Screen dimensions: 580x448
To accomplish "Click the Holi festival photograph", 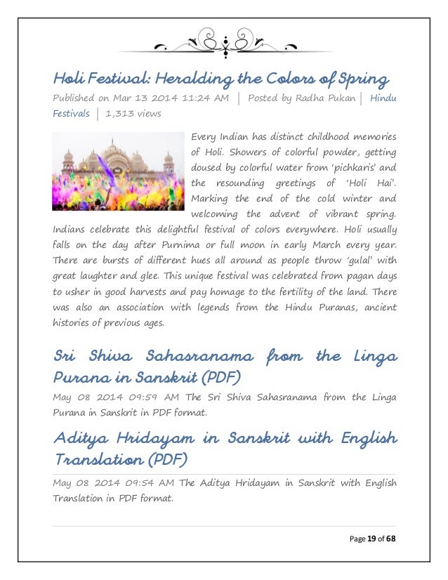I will click(x=117, y=171).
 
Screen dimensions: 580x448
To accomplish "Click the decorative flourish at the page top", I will click(x=224, y=43).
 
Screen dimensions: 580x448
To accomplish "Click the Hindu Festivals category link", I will click(x=382, y=98).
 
